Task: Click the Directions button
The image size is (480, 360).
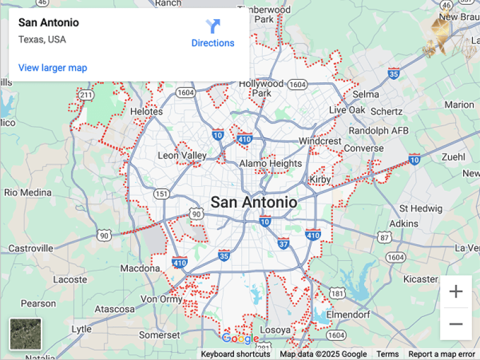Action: click(212, 34)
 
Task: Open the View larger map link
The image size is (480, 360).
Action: click(53, 68)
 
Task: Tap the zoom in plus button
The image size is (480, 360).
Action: click(456, 292)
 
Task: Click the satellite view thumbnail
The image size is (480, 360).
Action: click(26, 334)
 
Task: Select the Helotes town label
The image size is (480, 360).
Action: click(146, 112)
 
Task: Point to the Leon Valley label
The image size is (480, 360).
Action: click(182, 155)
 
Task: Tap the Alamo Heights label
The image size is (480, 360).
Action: click(271, 163)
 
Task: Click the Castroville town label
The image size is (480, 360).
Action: click(31, 248)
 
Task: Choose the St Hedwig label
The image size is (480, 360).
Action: click(421, 208)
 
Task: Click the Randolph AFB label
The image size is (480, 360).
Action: click(379, 131)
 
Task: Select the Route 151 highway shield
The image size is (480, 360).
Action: click(161, 193)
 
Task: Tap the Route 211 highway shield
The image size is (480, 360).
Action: click(86, 95)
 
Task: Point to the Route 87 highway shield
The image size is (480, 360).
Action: click(384, 238)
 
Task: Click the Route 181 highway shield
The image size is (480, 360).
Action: click(338, 294)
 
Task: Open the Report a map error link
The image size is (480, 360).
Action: click(442, 354)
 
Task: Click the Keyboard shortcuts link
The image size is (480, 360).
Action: click(235, 354)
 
